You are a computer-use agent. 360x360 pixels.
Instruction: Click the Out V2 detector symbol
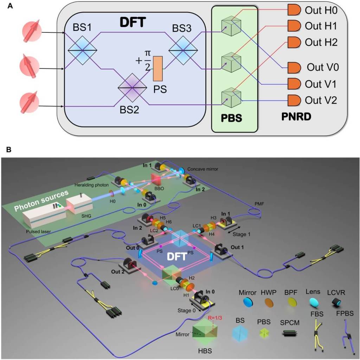coord(294,100)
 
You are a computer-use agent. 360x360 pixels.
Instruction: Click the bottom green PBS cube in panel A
coord(231,97)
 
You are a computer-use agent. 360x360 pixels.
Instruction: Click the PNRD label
coord(297,116)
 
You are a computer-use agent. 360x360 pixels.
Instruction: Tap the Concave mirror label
coord(202,169)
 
